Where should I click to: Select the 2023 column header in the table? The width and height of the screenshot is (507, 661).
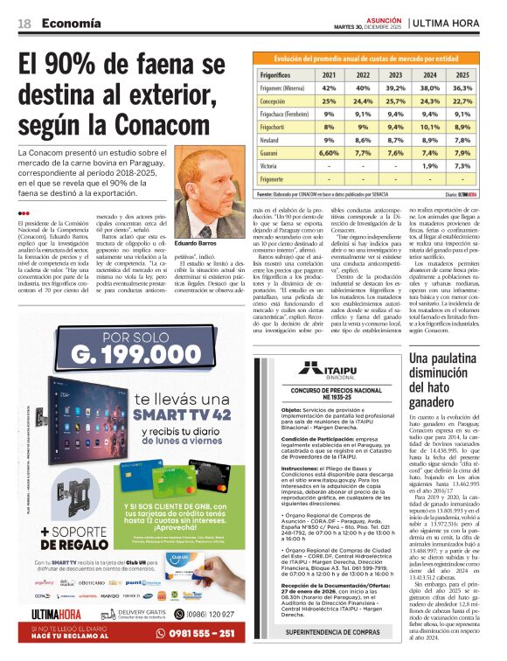click(x=396, y=75)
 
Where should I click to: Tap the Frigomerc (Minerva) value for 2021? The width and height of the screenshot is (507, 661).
click(x=330, y=88)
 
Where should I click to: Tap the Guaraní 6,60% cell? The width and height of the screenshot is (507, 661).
click(x=330, y=152)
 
